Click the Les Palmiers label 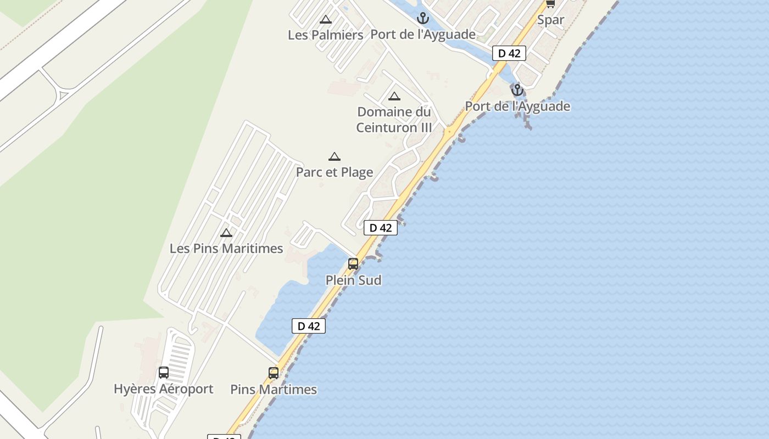[325, 35]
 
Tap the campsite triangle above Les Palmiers [326, 20]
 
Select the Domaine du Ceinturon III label [394, 120]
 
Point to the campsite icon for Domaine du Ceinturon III [394, 97]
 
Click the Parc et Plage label [335, 172]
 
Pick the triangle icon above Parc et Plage [335, 157]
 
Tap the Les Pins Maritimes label [226, 249]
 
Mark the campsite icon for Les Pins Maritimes [226, 233]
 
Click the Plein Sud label [353, 280]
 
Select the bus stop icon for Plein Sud [353, 264]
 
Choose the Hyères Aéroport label [163, 389]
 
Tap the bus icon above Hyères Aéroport [163, 373]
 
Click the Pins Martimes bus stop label [274, 390]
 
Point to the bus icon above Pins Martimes [274, 373]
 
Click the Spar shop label [550, 20]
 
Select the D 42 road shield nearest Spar [509, 53]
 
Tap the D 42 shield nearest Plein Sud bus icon [381, 228]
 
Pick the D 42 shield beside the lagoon [309, 326]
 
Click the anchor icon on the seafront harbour [517, 90]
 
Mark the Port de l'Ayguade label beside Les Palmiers [423, 35]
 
